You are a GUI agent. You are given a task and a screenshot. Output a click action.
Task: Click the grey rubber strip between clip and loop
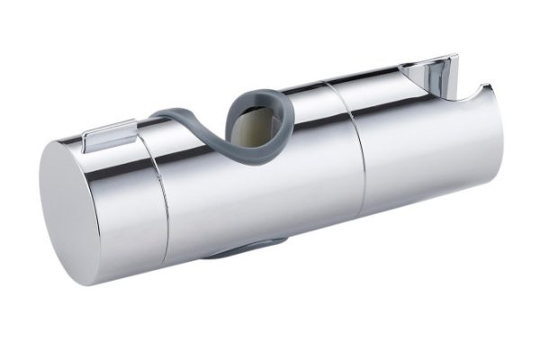[x=180, y=118]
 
